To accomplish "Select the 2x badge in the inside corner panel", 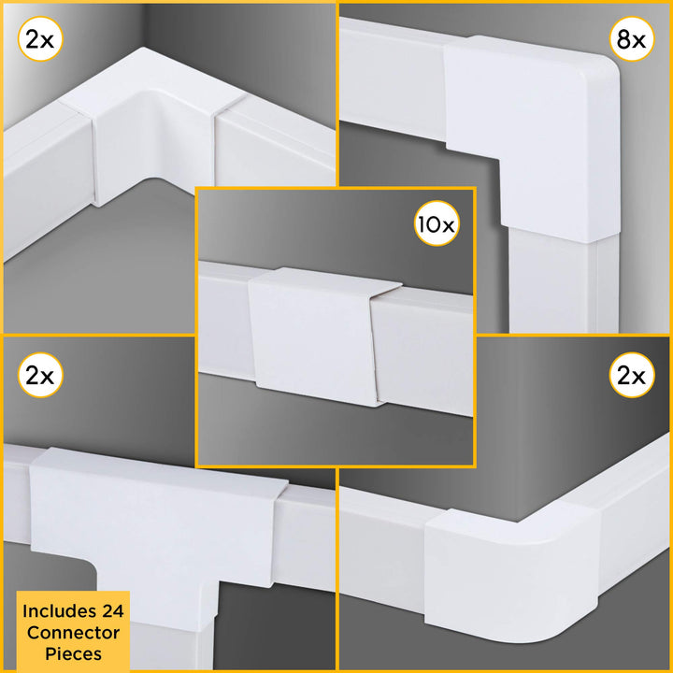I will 40,40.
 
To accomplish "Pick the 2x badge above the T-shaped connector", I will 40,378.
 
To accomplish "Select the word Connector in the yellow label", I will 76,632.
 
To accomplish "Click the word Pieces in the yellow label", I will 76,652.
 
